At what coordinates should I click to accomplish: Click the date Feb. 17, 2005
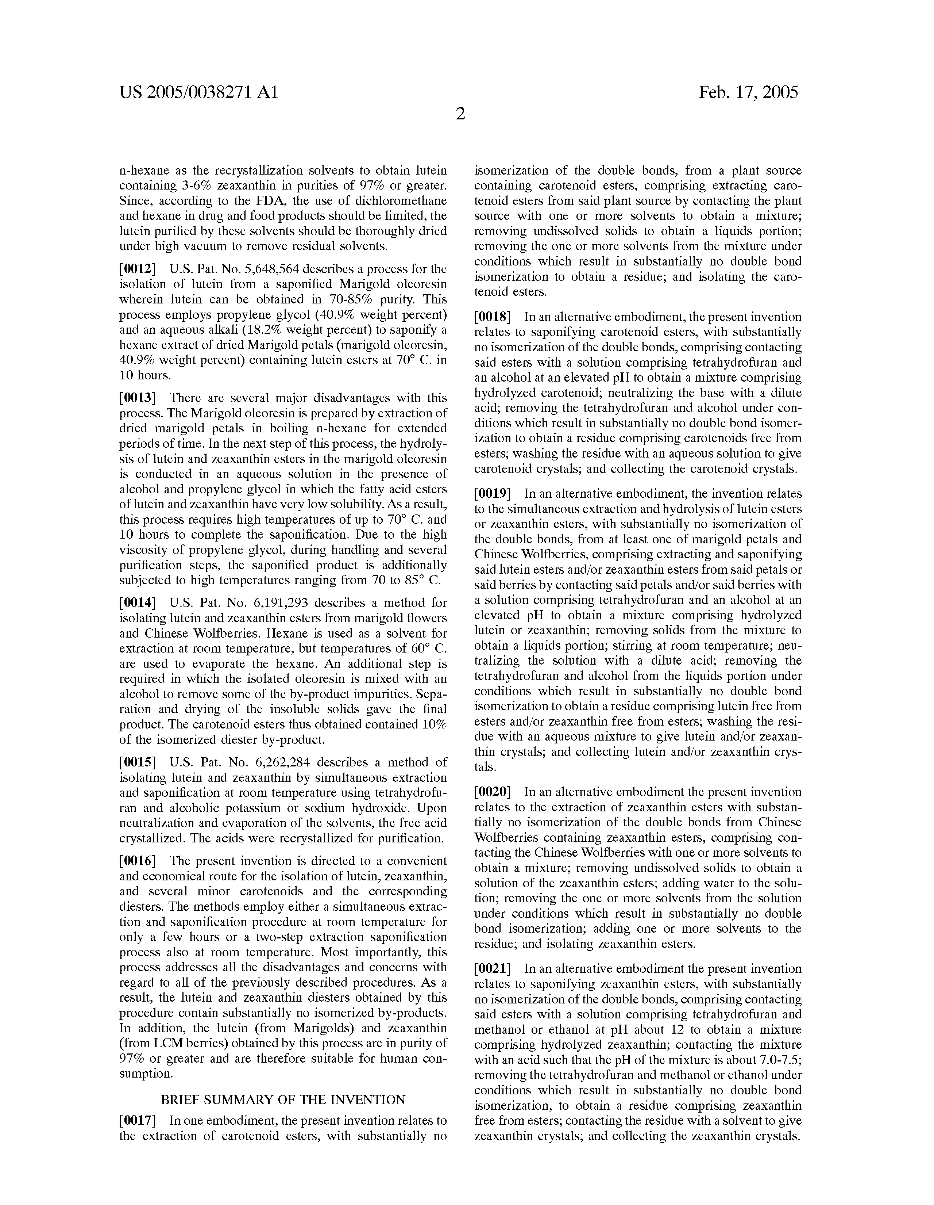(748, 92)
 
